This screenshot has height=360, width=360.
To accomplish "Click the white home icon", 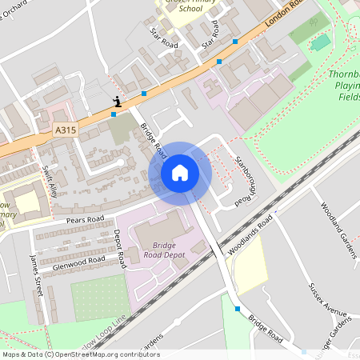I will [180, 172].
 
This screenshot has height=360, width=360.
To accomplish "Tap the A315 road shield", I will [66, 129].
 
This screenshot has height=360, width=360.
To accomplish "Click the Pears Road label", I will [85, 218].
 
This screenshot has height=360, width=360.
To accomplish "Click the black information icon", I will [118, 101].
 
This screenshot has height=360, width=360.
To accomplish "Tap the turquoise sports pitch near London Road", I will [321, 42].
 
